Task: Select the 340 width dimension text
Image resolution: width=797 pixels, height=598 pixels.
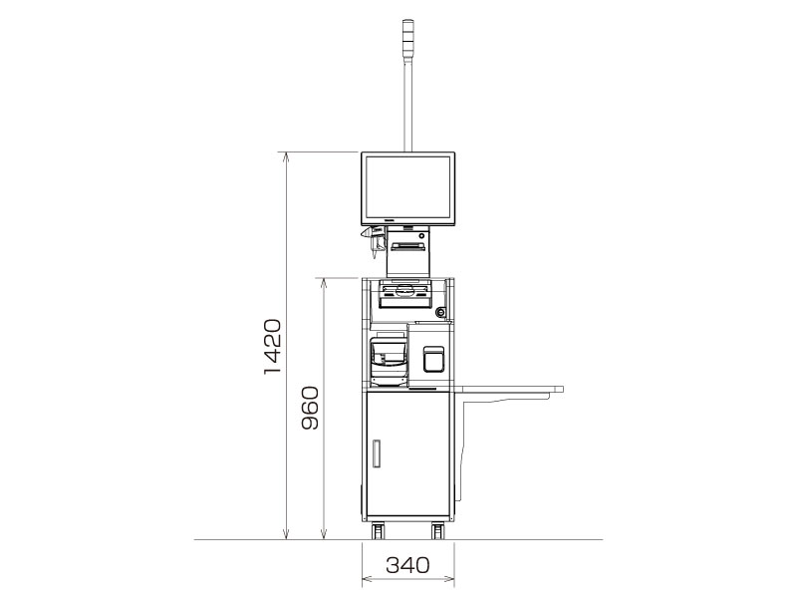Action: coord(406,566)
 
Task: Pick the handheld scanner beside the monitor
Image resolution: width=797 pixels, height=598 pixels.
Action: coord(376,240)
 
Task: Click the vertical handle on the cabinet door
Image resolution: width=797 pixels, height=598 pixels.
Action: coord(377,454)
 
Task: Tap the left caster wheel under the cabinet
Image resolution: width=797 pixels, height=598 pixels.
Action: coord(379,530)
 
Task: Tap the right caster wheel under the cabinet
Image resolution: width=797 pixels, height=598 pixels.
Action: coord(437,530)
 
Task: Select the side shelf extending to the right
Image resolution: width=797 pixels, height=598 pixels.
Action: coord(508,390)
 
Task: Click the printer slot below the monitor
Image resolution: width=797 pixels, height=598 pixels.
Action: coord(407,244)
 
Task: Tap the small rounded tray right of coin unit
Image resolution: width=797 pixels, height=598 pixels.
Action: coord(432,359)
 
